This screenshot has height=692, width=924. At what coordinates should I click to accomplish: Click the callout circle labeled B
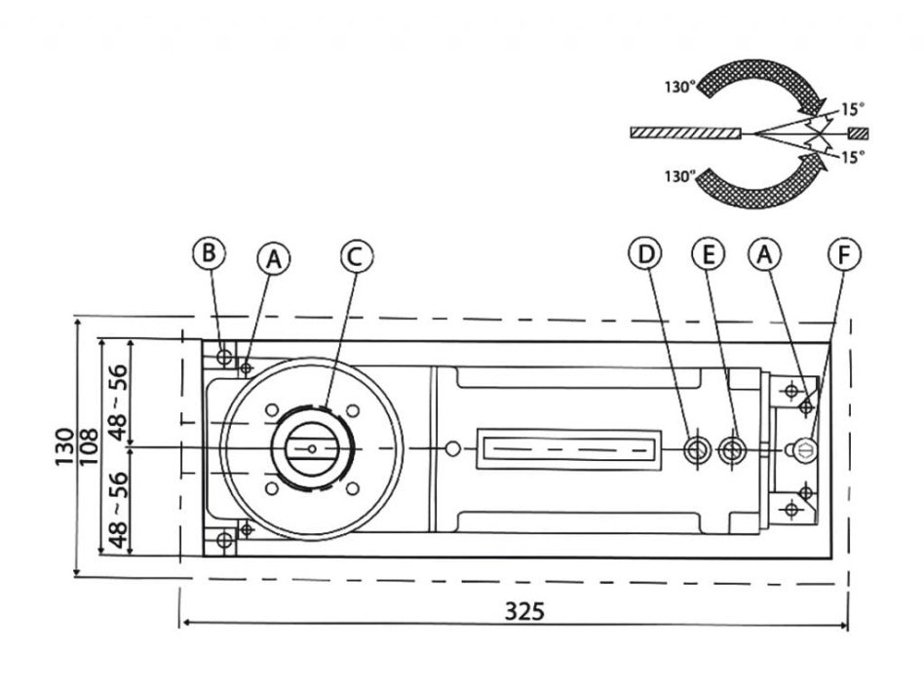tap(208, 253)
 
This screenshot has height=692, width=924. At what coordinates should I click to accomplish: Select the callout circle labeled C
tap(356, 255)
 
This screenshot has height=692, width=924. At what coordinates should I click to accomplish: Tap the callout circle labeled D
tap(644, 253)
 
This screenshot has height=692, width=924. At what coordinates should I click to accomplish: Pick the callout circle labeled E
tap(709, 253)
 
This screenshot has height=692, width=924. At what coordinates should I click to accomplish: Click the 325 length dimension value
tap(525, 611)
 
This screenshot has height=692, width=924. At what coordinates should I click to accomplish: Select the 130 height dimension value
tap(64, 447)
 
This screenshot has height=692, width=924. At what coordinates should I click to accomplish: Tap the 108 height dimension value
tap(89, 447)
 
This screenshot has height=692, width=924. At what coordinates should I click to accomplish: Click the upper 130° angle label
tap(680, 86)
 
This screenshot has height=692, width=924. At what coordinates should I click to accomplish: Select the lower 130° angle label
tap(680, 176)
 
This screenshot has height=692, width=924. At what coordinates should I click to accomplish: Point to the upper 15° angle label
tap(852, 109)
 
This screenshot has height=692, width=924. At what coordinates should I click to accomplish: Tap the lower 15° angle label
tap(852, 156)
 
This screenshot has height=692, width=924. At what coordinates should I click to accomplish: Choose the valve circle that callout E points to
tap(732, 448)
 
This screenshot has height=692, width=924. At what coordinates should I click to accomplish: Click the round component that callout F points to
tap(806, 447)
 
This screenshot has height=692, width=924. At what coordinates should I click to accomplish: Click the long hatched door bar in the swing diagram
tap(686, 132)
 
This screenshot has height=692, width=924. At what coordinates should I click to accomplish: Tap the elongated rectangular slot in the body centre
tap(566, 448)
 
